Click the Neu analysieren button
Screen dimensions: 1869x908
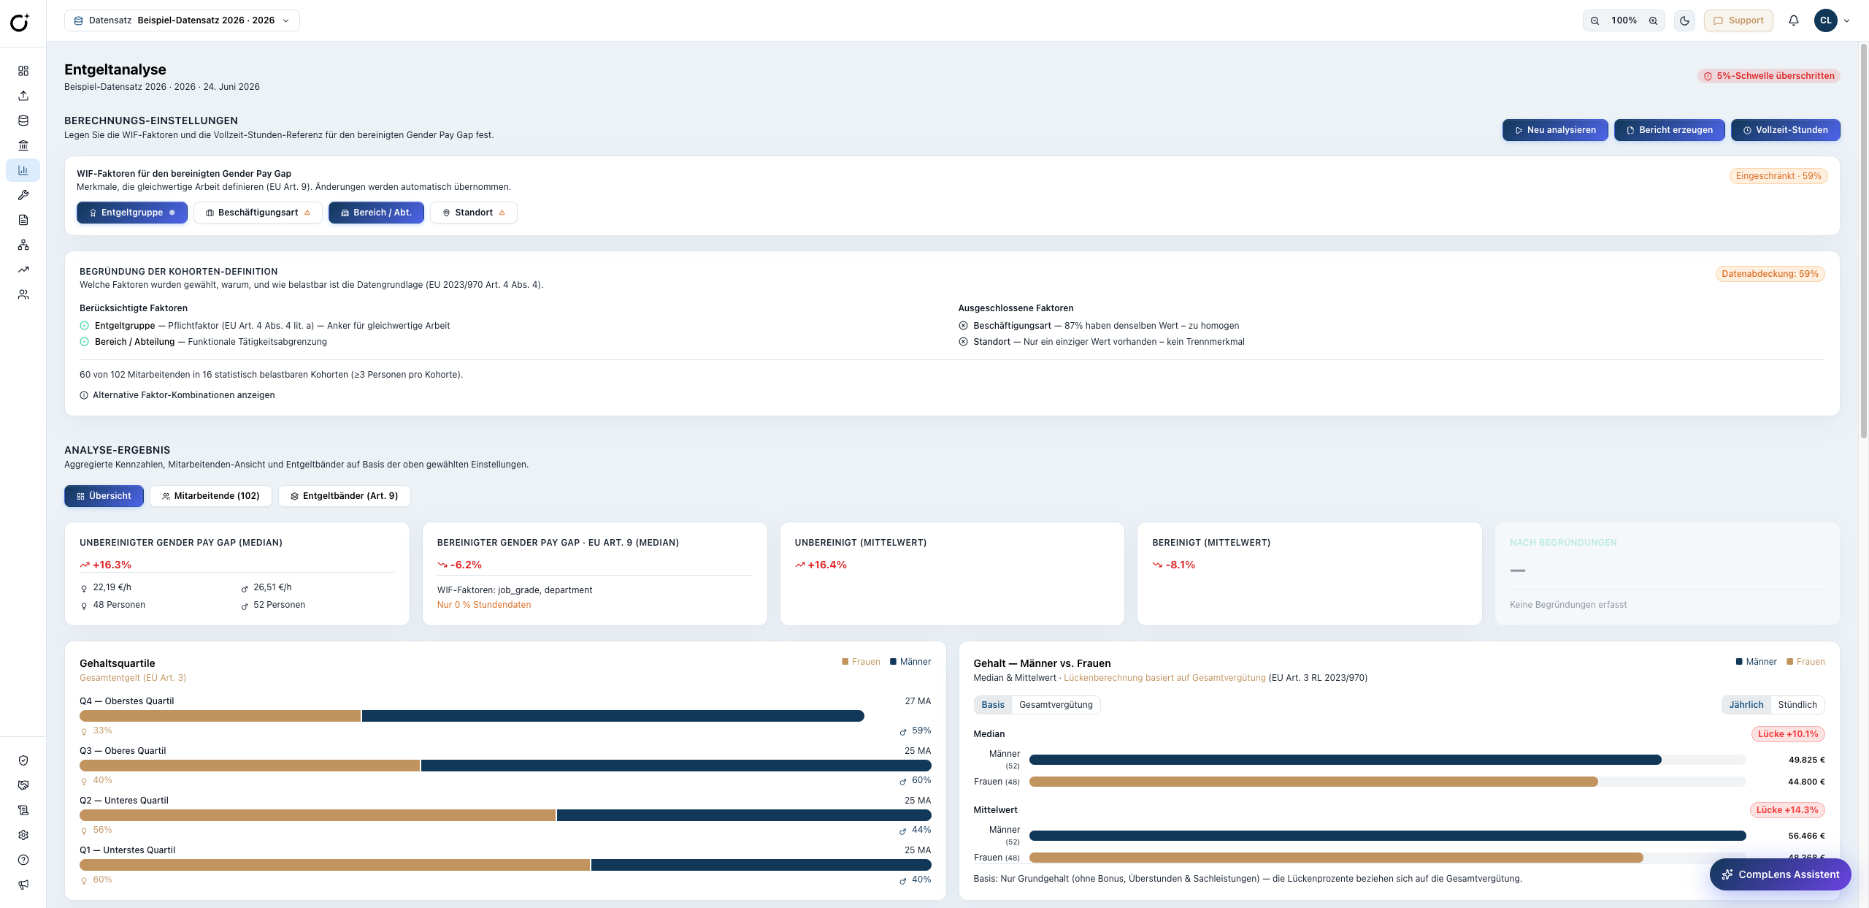[1555, 130]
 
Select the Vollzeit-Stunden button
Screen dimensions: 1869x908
[1785, 130]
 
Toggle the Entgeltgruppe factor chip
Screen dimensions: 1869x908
[132, 213]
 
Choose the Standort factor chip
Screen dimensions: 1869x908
[474, 213]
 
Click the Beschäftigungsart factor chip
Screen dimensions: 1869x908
[258, 213]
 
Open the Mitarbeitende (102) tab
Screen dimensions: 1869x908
[211, 496]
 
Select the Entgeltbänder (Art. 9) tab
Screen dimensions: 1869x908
[344, 496]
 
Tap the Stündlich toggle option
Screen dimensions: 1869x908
[1797, 705]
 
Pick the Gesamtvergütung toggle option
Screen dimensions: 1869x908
[1056, 705]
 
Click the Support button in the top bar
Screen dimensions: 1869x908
[1738, 20]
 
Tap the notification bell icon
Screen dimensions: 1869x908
[1794, 20]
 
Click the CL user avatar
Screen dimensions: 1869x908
[1826, 20]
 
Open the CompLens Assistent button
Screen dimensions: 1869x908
[1780, 874]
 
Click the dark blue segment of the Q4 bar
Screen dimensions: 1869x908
[613, 716]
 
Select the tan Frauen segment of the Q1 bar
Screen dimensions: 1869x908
[334, 865]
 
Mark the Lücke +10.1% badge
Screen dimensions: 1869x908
[1788, 734]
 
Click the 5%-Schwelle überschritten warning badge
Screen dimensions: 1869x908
[1769, 76]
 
